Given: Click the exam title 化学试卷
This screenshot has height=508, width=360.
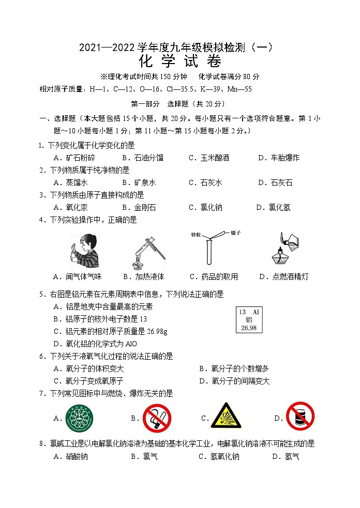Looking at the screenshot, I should pos(180,62).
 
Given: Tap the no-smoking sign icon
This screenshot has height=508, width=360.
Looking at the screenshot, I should pos(157,418).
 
